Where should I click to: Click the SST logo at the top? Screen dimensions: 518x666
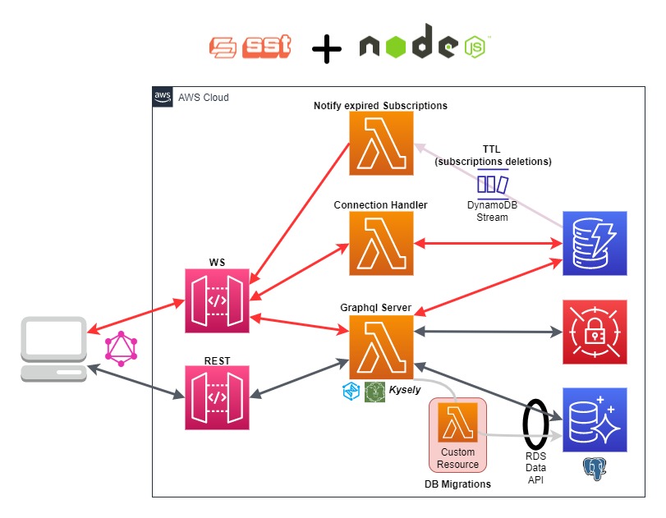pyautogui.click(x=250, y=48)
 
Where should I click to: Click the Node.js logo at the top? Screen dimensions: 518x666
pyautogui.click(x=424, y=47)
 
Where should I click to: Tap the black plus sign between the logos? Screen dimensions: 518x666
pyautogui.click(x=327, y=50)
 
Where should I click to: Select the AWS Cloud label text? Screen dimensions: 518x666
pyautogui.click(x=203, y=98)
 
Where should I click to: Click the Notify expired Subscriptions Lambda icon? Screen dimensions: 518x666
pyautogui.click(x=381, y=144)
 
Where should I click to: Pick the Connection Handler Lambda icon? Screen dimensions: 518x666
pyautogui.click(x=381, y=243)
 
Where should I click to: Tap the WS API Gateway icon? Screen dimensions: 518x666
pyautogui.click(x=218, y=300)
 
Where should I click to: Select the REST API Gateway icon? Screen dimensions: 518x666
pyautogui.click(x=218, y=397)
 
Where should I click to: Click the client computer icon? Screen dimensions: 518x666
pyautogui.click(x=54, y=349)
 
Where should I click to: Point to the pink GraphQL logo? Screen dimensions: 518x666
pyautogui.click(x=121, y=349)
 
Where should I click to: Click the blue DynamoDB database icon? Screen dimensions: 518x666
pyautogui.click(x=594, y=243)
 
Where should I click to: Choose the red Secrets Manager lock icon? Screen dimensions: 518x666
pyautogui.click(x=594, y=332)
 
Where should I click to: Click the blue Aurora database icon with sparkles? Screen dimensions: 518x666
pyautogui.click(x=594, y=419)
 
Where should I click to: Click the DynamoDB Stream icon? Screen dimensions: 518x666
pyautogui.click(x=493, y=182)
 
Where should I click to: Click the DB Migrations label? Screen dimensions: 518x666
pyautogui.click(x=457, y=484)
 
